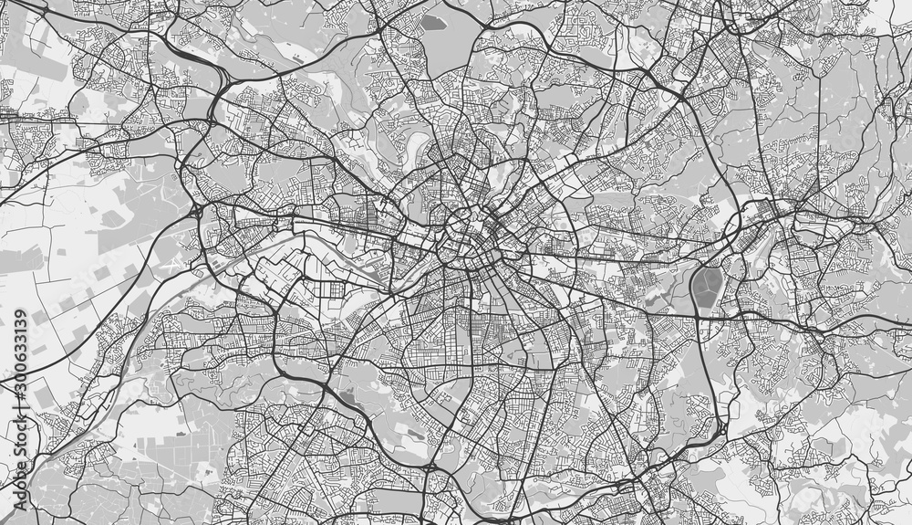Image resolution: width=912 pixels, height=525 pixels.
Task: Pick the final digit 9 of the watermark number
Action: pos(17,315)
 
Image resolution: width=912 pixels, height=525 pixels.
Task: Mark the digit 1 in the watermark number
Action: pos(17,337)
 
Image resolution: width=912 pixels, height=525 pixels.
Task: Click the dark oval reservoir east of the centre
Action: pos(706,288)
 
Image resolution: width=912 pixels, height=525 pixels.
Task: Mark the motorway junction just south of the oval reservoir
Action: pos(700,316)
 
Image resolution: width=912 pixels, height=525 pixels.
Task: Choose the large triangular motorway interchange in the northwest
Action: pos(215,87)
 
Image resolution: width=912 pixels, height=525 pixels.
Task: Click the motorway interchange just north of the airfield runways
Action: pos(197,210)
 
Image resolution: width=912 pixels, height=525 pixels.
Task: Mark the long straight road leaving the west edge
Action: pos(36,119)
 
